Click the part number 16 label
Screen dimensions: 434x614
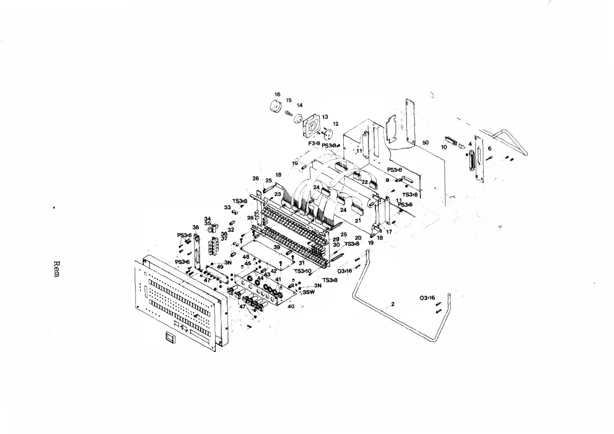(x=277, y=94)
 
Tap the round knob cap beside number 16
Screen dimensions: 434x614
(x=275, y=107)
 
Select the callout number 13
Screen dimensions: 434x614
(x=325, y=117)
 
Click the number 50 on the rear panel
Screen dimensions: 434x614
(x=425, y=143)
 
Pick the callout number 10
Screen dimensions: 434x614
(x=444, y=147)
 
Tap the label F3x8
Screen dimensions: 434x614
(x=314, y=143)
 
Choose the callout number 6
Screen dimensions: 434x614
(x=490, y=148)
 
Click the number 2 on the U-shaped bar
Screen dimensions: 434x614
(x=393, y=304)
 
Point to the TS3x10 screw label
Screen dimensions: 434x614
(x=303, y=271)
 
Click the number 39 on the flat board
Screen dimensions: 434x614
(x=277, y=247)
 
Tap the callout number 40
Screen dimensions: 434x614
(x=291, y=306)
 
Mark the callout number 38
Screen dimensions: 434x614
(x=196, y=227)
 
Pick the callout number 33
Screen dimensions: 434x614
(x=227, y=208)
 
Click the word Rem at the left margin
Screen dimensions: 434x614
(x=57, y=269)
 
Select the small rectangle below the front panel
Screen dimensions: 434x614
(x=170, y=337)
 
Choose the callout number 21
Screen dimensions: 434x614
(x=358, y=221)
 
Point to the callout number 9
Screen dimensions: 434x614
(x=387, y=180)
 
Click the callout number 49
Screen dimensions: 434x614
(x=220, y=267)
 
